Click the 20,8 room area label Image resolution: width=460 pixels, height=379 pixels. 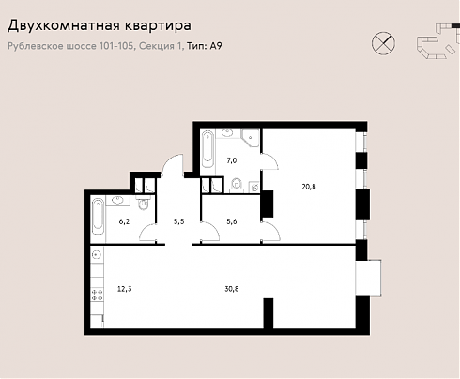pyautogui.click(x=309, y=187)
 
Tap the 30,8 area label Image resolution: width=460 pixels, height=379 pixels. pyautogui.click(x=232, y=289)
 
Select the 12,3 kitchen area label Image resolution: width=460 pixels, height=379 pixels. pyautogui.click(x=125, y=289)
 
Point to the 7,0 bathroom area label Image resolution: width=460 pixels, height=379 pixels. pyautogui.click(x=232, y=160)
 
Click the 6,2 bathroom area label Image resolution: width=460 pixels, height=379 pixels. pyautogui.click(x=124, y=221)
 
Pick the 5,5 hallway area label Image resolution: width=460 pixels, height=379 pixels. pyautogui.click(x=179, y=221)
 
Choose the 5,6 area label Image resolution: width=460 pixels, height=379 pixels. pyautogui.click(x=232, y=221)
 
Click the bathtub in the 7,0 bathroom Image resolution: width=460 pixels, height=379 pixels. pyautogui.click(x=207, y=149)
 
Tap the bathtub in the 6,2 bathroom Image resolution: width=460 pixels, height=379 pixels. pyautogui.click(x=98, y=216)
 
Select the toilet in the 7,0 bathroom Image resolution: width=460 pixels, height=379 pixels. pyautogui.click(x=236, y=185)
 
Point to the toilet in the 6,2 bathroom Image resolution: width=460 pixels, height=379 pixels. pyautogui.click(x=143, y=203)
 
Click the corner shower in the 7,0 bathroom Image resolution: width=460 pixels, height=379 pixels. pyautogui.click(x=251, y=138)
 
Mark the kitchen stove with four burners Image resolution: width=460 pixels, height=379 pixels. pyautogui.click(x=97, y=295)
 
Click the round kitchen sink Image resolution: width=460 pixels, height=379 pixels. pyautogui.click(x=97, y=255)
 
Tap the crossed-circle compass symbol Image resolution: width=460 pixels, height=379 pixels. pyautogui.click(x=383, y=43)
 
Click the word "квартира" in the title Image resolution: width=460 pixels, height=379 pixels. pyautogui.click(x=158, y=25)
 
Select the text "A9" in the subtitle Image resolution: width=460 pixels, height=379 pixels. pyautogui.click(x=216, y=46)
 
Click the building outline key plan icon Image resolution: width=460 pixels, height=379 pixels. pyautogui.click(x=437, y=40)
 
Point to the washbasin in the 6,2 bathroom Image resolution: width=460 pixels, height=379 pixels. pyautogui.click(x=118, y=200)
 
